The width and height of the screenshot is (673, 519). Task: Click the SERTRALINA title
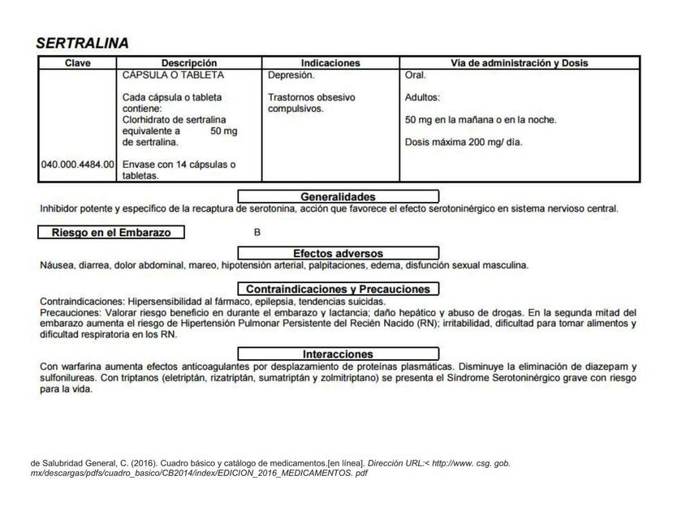point(82,43)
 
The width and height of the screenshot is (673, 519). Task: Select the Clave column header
point(77,63)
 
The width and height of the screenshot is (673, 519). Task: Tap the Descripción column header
point(189,63)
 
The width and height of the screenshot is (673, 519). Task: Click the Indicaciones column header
point(330,63)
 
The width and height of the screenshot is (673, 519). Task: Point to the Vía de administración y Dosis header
point(520,63)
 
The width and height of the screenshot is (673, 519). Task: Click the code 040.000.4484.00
point(78,165)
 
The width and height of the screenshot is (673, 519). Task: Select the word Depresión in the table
point(291,75)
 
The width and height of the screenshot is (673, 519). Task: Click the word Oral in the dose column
point(415,75)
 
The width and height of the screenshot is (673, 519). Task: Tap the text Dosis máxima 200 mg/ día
point(464,143)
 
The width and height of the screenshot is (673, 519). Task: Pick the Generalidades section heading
point(338,196)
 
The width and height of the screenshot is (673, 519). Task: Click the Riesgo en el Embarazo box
point(111,233)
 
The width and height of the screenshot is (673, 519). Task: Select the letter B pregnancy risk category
point(257,233)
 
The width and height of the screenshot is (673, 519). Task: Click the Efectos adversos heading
point(338,253)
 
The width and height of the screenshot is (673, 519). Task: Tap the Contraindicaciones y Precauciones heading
point(338,289)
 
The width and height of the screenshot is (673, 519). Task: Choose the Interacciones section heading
point(338,354)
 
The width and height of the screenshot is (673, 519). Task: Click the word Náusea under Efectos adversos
point(56,265)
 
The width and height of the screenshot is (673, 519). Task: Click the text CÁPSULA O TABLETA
point(173,75)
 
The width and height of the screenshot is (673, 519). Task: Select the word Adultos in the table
point(421,97)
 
